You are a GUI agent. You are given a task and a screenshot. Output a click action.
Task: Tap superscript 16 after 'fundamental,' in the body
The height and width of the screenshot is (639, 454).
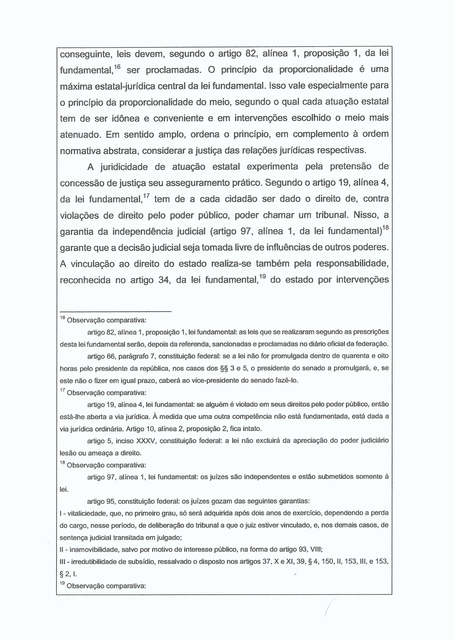coord(118,67)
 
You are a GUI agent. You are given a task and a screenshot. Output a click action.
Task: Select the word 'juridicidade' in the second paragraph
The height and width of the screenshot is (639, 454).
coord(124,167)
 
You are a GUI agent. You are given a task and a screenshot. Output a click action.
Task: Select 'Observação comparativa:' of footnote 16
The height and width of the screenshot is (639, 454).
coord(106,321)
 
